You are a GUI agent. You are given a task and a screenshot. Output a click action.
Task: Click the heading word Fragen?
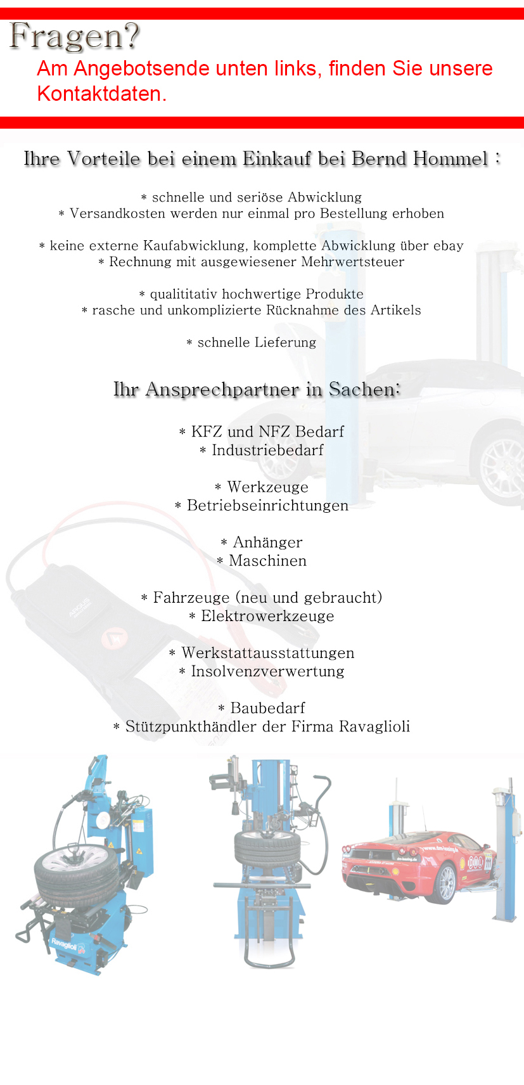75,36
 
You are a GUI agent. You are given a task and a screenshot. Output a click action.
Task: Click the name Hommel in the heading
451,158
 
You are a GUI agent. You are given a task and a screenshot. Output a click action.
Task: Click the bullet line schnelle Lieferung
252,343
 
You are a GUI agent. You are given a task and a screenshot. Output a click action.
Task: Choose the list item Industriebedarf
267,451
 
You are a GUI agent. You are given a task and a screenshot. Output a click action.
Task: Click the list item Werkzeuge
267,487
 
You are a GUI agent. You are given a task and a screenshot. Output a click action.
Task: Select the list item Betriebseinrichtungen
267,506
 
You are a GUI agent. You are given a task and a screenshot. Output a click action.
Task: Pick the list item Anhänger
267,542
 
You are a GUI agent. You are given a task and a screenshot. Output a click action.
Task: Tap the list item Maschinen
267,561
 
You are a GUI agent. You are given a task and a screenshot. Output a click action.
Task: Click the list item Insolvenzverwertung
267,671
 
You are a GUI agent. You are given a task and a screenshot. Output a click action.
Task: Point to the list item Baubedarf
267,708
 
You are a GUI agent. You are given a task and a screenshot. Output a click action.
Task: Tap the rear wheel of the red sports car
447,885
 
